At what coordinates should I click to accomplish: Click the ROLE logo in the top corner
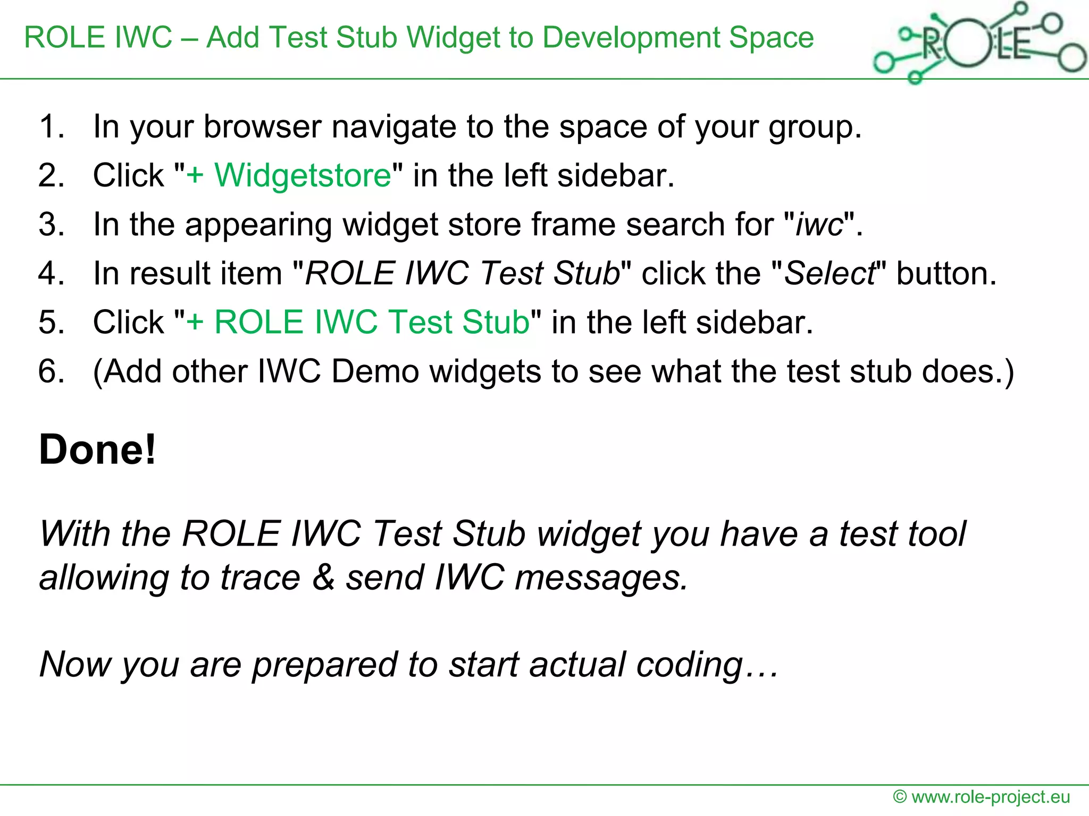point(978,42)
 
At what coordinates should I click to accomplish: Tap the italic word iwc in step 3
point(819,224)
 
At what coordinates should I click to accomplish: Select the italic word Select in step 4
point(830,273)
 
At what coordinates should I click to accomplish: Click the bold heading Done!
point(98,449)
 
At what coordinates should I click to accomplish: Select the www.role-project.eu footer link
point(991,797)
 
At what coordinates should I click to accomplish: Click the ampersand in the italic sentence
point(323,577)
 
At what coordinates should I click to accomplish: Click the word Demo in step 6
point(375,371)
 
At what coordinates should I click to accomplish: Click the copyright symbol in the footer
point(900,797)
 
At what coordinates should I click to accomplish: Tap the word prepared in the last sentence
point(324,665)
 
